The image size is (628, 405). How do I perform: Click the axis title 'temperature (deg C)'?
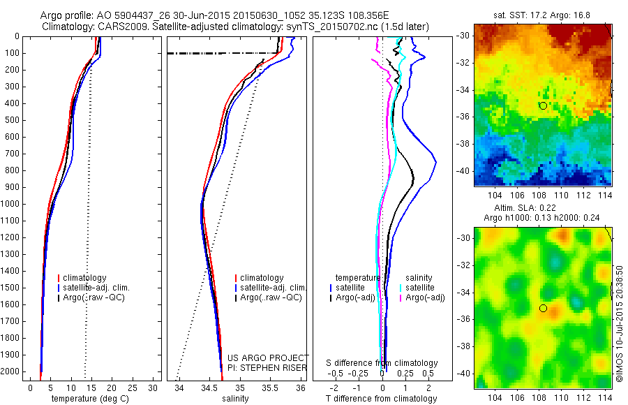pyautogui.click(x=88, y=399)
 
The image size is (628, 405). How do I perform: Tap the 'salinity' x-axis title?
pyautogui.click(x=234, y=399)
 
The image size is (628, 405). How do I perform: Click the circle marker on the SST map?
pyautogui.click(x=543, y=105)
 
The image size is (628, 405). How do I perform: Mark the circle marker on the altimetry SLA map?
pyautogui.click(x=543, y=308)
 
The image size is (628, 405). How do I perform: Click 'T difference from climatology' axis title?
pyautogui.click(x=382, y=399)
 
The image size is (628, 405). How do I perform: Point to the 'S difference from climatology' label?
pyautogui.click(x=382, y=363)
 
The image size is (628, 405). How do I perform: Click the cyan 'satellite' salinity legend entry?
pyautogui.click(x=419, y=288)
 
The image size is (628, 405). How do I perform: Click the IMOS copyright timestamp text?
pyautogui.click(x=619, y=323)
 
